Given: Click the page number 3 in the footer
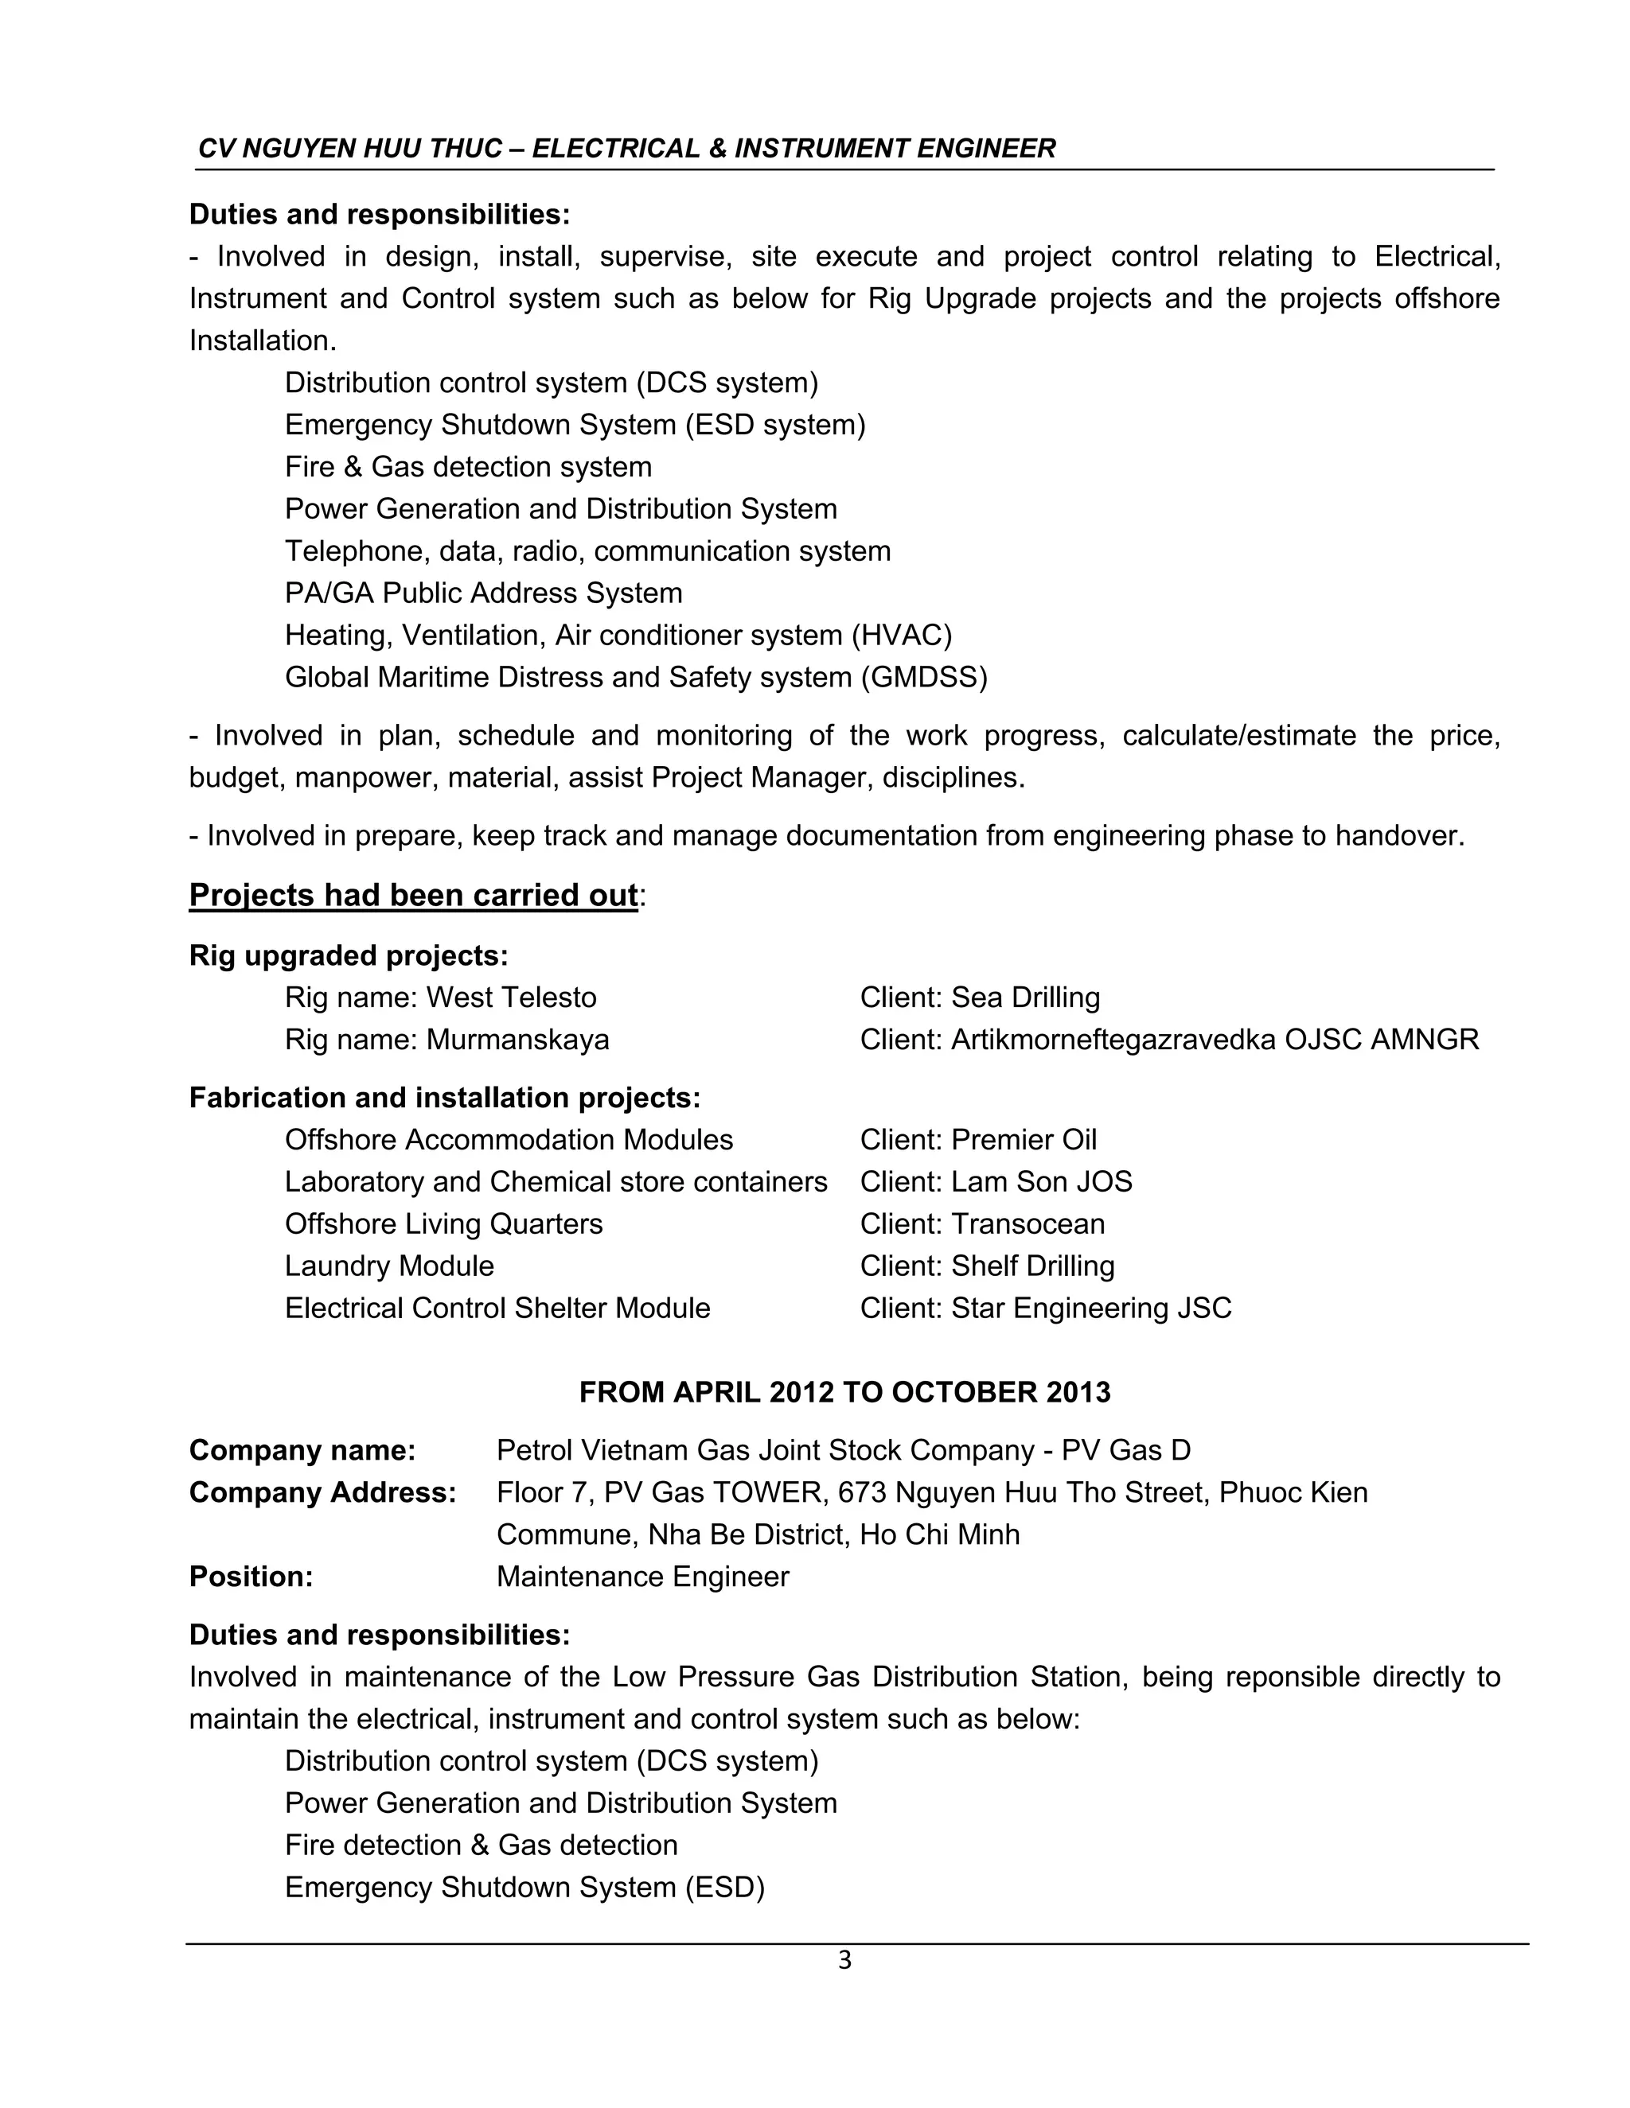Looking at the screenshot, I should coord(844,1960).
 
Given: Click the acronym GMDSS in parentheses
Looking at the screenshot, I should coord(924,678).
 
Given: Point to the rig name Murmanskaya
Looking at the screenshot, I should coord(517,1040).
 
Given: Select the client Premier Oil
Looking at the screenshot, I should coord(1024,1140).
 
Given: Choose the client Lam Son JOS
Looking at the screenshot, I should coord(1041,1181).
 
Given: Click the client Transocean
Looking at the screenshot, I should coord(1028,1224).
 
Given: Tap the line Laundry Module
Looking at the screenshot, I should coord(389,1266).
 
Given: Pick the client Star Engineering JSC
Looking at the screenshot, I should coord(1091,1308).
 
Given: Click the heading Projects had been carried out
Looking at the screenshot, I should coord(413,895).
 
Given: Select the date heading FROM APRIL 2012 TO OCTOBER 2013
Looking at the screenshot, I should coord(844,1392).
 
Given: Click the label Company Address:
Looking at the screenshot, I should coord(322,1492).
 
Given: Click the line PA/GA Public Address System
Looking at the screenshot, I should coord(483,593).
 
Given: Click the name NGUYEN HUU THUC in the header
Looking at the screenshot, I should coord(372,149).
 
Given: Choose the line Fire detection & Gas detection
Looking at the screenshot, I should coord(481,1845).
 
